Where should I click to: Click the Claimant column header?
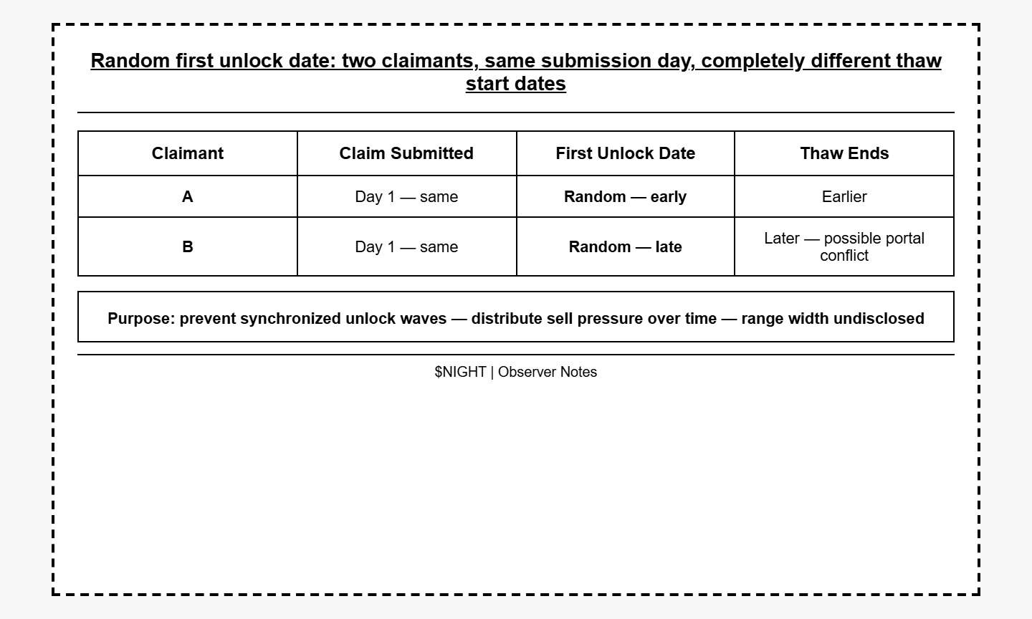(x=187, y=153)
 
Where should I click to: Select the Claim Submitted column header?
(x=406, y=153)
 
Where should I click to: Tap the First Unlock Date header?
(x=625, y=153)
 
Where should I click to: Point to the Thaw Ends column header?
(x=844, y=153)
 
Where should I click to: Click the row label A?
(x=187, y=197)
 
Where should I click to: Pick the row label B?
(x=187, y=247)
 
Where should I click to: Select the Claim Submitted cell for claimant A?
(x=406, y=197)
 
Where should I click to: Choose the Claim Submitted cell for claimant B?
(x=406, y=247)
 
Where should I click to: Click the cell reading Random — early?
(x=625, y=197)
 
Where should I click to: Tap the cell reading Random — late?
(x=625, y=247)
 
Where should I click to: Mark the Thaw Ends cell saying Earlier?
(x=844, y=197)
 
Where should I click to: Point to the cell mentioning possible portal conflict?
(x=844, y=247)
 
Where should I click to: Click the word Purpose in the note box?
(x=139, y=319)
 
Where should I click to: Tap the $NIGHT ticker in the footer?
(x=460, y=372)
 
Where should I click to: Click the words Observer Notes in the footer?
(x=548, y=372)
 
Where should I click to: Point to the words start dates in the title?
(x=516, y=84)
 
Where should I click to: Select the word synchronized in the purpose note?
(x=292, y=319)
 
